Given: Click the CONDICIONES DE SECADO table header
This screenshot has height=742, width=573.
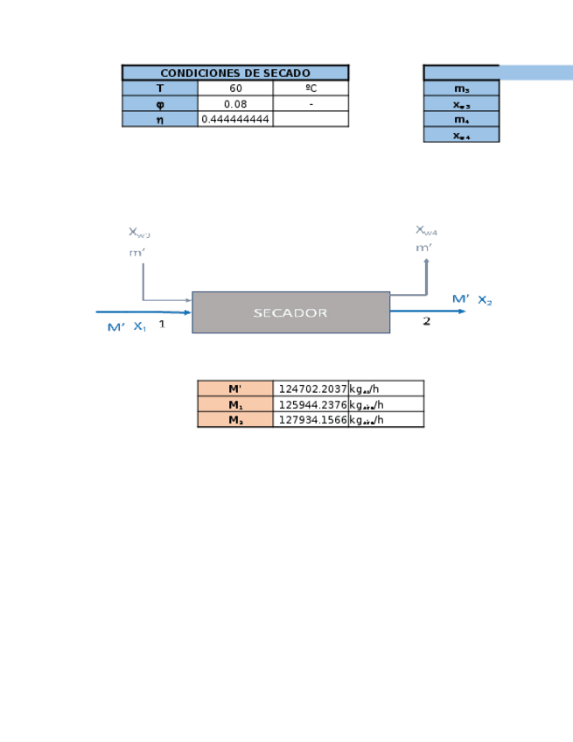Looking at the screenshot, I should click(x=234, y=73).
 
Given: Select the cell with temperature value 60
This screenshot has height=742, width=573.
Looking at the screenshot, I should click(x=235, y=88).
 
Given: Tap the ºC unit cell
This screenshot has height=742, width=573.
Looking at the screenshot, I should click(x=311, y=88).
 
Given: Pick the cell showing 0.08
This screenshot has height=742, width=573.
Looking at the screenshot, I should click(x=235, y=104).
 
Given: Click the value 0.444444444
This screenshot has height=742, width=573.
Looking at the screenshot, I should click(x=235, y=119).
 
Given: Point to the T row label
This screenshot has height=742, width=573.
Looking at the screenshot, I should click(x=159, y=88).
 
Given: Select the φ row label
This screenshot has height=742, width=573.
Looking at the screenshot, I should click(x=159, y=104).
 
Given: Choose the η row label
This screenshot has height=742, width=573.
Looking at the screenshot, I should click(x=159, y=119).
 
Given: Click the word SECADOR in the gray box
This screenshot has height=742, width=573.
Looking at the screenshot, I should click(x=290, y=312).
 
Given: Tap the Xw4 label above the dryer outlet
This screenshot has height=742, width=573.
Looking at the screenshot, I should click(x=426, y=230).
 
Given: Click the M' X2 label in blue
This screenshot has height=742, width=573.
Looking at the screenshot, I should click(x=472, y=300).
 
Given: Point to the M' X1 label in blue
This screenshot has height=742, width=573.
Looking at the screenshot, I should click(x=127, y=327).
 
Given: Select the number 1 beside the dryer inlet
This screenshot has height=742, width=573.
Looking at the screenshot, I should click(x=161, y=324).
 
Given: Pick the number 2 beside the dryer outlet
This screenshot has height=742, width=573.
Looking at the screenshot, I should click(x=427, y=321).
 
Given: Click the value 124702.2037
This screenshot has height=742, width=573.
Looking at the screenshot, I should click(x=312, y=389).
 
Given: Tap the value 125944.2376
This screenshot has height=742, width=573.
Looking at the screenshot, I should click(x=312, y=404).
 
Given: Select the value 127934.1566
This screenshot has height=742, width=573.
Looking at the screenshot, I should click(x=312, y=420).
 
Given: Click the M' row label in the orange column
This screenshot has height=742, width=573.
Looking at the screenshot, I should click(x=234, y=389).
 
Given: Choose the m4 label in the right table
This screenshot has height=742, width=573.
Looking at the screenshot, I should click(x=461, y=120).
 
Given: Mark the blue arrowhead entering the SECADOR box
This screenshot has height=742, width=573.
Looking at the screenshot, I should click(x=187, y=311).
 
